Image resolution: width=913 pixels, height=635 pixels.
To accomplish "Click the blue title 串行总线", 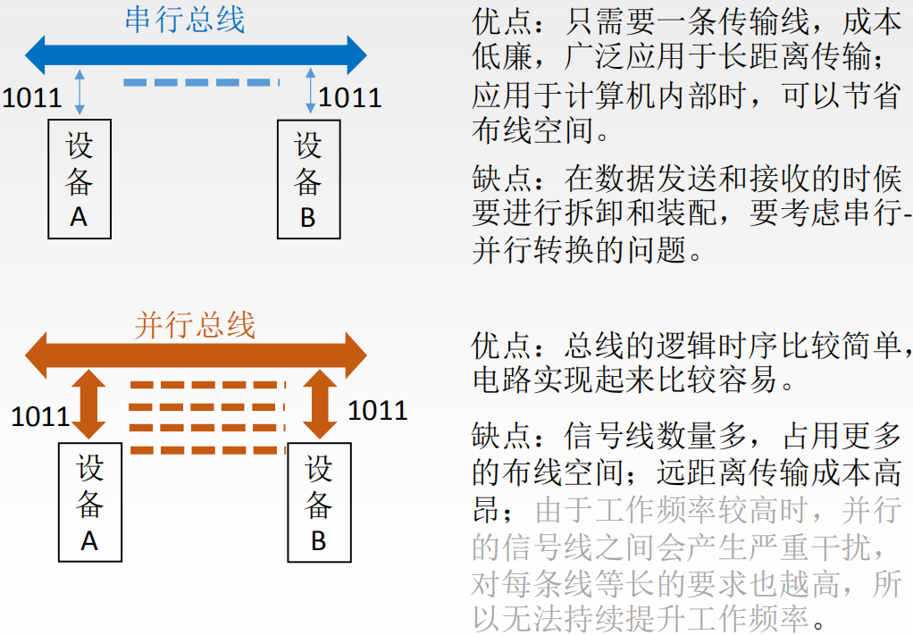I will click(x=185, y=20).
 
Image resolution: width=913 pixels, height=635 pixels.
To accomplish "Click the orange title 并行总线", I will click(x=195, y=324).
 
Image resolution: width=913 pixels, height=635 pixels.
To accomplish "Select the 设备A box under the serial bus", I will click(x=80, y=180).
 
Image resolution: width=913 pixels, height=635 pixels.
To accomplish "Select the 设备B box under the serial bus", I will click(x=308, y=180).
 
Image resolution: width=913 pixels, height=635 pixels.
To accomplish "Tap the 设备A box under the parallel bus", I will click(x=89, y=503).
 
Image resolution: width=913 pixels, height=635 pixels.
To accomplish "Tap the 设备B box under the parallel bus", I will click(x=319, y=503).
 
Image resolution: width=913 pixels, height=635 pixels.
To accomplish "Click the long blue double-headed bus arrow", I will click(x=196, y=55).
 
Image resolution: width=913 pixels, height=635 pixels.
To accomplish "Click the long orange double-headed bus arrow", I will click(x=196, y=355).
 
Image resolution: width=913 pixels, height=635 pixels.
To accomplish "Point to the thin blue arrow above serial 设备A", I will click(x=80, y=96).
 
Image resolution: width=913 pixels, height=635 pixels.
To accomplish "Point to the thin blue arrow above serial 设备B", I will click(x=310, y=96).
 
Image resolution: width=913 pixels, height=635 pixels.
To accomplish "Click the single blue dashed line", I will click(x=201, y=83).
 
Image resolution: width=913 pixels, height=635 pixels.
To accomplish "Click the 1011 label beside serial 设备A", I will click(x=32, y=96).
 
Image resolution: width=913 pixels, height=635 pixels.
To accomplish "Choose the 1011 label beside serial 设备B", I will click(x=350, y=96).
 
